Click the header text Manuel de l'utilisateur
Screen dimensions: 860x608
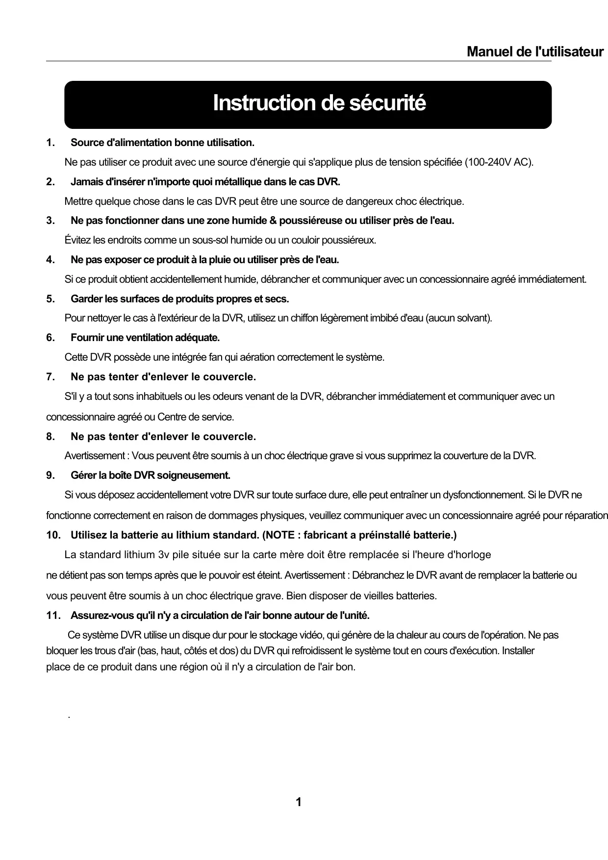click(x=534, y=51)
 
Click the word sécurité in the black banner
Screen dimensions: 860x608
click(x=387, y=103)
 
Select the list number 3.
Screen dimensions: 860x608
click(x=50, y=221)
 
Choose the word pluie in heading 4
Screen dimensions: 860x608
click(x=221, y=259)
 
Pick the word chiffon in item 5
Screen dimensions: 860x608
click(x=292, y=318)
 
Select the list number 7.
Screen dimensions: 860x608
click(x=50, y=377)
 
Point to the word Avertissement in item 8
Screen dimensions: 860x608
click(x=94, y=456)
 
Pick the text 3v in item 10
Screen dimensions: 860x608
click(x=163, y=555)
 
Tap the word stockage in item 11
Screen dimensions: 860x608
click(x=278, y=636)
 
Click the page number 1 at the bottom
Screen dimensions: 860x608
click(x=299, y=802)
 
